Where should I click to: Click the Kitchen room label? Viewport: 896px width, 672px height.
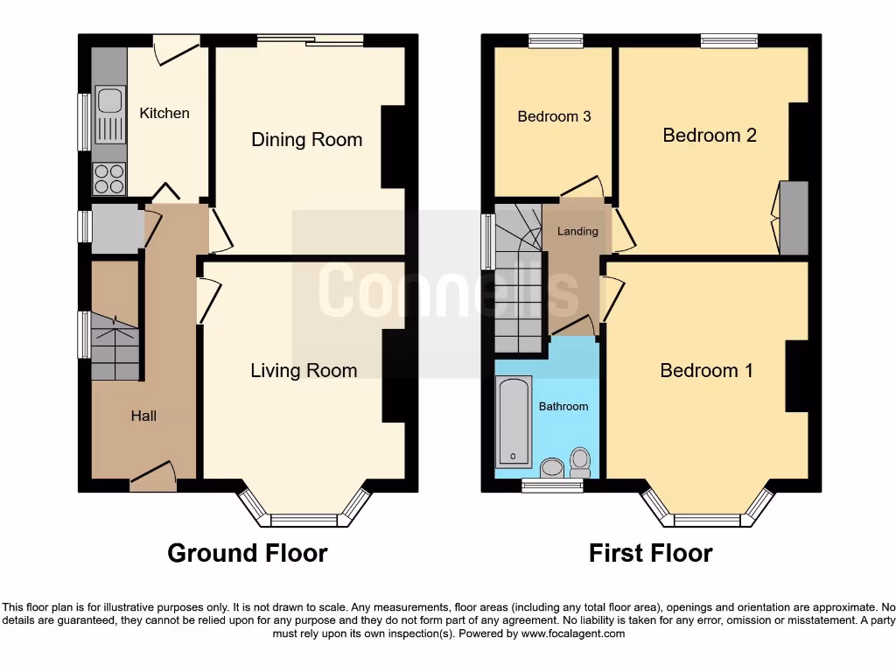tap(164, 113)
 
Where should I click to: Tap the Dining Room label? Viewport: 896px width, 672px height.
tap(306, 140)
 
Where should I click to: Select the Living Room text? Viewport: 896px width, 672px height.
tap(304, 371)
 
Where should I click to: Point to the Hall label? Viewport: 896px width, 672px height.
tap(143, 416)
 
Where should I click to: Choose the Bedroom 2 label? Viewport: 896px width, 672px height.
tap(709, 135)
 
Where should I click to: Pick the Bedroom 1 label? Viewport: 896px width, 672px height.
tap(706, 371)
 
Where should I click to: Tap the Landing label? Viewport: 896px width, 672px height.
tap(577, 231)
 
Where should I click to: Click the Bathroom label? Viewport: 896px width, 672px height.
tap(563, 406)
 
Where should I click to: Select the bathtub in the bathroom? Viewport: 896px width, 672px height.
tap(514, 421)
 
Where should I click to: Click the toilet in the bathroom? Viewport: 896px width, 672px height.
tap(579, 461)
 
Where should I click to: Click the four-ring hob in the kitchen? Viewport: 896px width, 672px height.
tap(109, 178)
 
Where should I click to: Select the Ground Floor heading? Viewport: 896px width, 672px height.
tap(247, 553)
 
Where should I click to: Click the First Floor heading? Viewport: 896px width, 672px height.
tap(650, 553)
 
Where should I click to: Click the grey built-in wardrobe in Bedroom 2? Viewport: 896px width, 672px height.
tap(794, 218)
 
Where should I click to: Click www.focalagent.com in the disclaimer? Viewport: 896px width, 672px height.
tap(573, 633)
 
